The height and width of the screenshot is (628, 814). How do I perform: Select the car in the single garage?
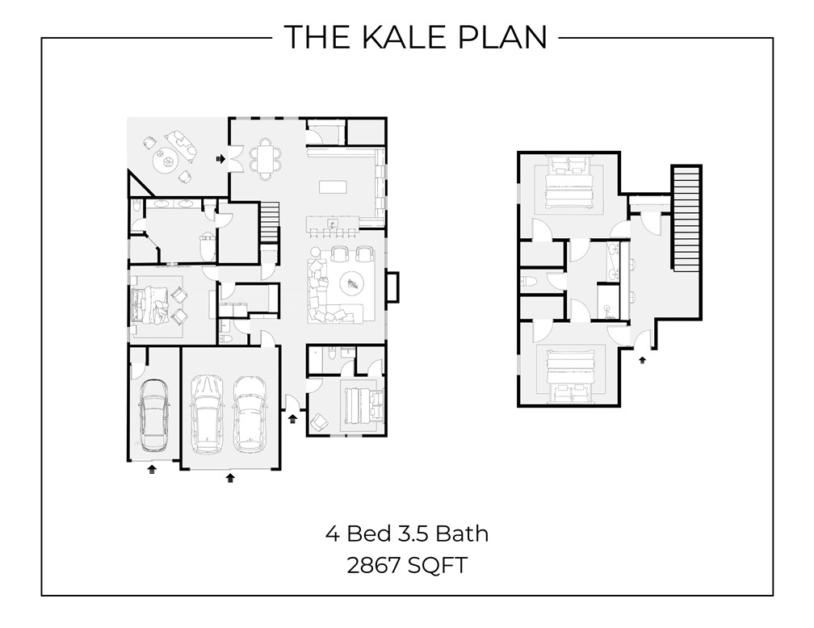click(x=153, y=415)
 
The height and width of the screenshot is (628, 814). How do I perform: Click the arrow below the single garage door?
click(x=152, y=468)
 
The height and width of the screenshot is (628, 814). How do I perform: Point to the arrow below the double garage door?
click(x=230, y=477)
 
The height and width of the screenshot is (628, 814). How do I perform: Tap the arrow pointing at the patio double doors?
click(x=220, y=159)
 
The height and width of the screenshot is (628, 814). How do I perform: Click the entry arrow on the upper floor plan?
click(x=642, y=359)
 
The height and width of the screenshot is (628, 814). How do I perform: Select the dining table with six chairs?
click(x=265, y=157)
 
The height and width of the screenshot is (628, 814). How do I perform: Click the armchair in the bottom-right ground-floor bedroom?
click(x=319, y=421)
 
